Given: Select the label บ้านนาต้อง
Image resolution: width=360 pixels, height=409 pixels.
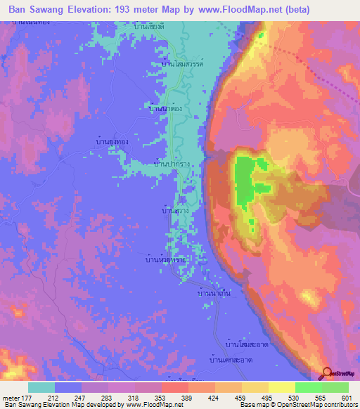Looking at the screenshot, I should (167, 109).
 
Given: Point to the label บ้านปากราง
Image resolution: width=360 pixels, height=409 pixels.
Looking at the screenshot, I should (176, 163).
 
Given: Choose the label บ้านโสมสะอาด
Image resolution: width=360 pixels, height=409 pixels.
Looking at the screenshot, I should (245, 344).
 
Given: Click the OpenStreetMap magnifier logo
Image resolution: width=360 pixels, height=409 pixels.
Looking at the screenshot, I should (328, 375).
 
